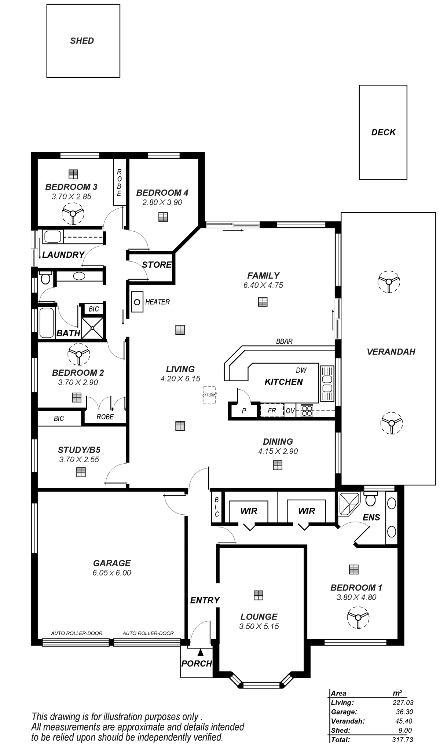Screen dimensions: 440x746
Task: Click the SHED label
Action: coord(82,41)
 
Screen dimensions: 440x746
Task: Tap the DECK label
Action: coord(383,132)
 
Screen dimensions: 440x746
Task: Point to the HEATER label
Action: coord(157,302)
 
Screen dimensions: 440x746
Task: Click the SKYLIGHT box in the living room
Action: coord(210,394)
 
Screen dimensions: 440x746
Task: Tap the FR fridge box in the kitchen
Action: coord(272,410)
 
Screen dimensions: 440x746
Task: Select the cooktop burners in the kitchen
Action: coord(307,410)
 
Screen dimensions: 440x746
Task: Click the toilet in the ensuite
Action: coord(370,500)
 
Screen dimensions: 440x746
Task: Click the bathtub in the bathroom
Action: coord(46,322)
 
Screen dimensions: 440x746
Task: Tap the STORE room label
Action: coord(157,265)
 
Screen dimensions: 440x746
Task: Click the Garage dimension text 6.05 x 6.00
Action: coord(111,573)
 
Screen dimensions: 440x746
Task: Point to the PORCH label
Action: coord(197,664)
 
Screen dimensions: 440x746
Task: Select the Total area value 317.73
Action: coord(403,740)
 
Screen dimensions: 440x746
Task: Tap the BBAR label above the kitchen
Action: coord(285,341)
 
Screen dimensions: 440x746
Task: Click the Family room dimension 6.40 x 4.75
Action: coord(264,285)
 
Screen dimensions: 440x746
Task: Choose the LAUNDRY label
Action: coord(63,255)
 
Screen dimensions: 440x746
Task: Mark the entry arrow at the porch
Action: coord(200,652)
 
